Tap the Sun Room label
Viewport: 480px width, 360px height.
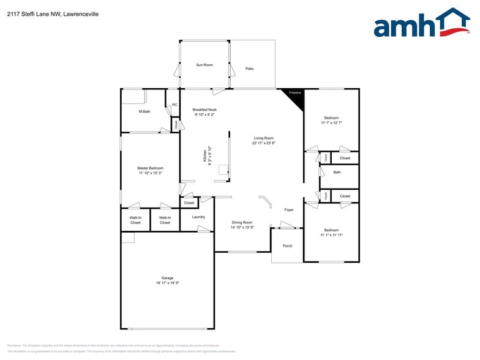tap(204, 64)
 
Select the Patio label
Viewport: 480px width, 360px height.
tap(249, 69)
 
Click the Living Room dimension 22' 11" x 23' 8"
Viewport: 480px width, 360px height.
tap(264, 143)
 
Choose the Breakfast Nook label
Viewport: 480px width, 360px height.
tap(204, 110)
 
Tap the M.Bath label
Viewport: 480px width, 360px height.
tap(144, 111)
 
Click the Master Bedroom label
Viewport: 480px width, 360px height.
tap(150, 168)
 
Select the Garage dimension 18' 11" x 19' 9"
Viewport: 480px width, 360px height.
tap(167, 283)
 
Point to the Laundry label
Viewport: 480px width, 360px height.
tap(198, 217)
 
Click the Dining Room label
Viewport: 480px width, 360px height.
tap(242, 222)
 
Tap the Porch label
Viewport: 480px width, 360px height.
tap(287, 246)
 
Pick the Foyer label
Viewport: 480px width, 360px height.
tap(288, 210)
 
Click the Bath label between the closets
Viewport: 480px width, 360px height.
tap(337, 172)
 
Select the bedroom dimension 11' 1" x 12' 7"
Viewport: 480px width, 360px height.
tap(331, 123)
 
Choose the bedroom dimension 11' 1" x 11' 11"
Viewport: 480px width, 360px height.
tap(331, 235)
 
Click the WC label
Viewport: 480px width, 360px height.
tap(174, 105)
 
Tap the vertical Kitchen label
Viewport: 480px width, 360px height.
tap(205, 157)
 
